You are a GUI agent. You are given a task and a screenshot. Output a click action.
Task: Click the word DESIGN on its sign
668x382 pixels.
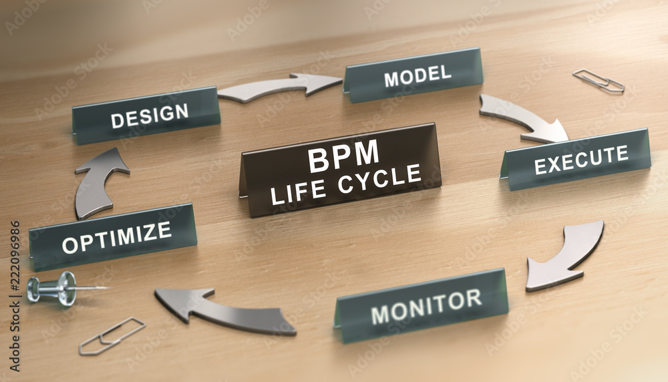150,116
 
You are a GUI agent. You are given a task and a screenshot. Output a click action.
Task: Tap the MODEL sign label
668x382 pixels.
417,76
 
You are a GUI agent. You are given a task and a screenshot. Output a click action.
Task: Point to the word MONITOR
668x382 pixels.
426,306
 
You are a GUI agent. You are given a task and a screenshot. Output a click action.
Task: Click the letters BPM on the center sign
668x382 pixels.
343,156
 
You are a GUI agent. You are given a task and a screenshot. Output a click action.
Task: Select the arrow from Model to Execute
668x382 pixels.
525,116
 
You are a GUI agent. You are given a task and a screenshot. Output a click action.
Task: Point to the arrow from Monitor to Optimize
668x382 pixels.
224,310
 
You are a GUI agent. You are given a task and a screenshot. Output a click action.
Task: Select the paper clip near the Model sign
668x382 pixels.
598,81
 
